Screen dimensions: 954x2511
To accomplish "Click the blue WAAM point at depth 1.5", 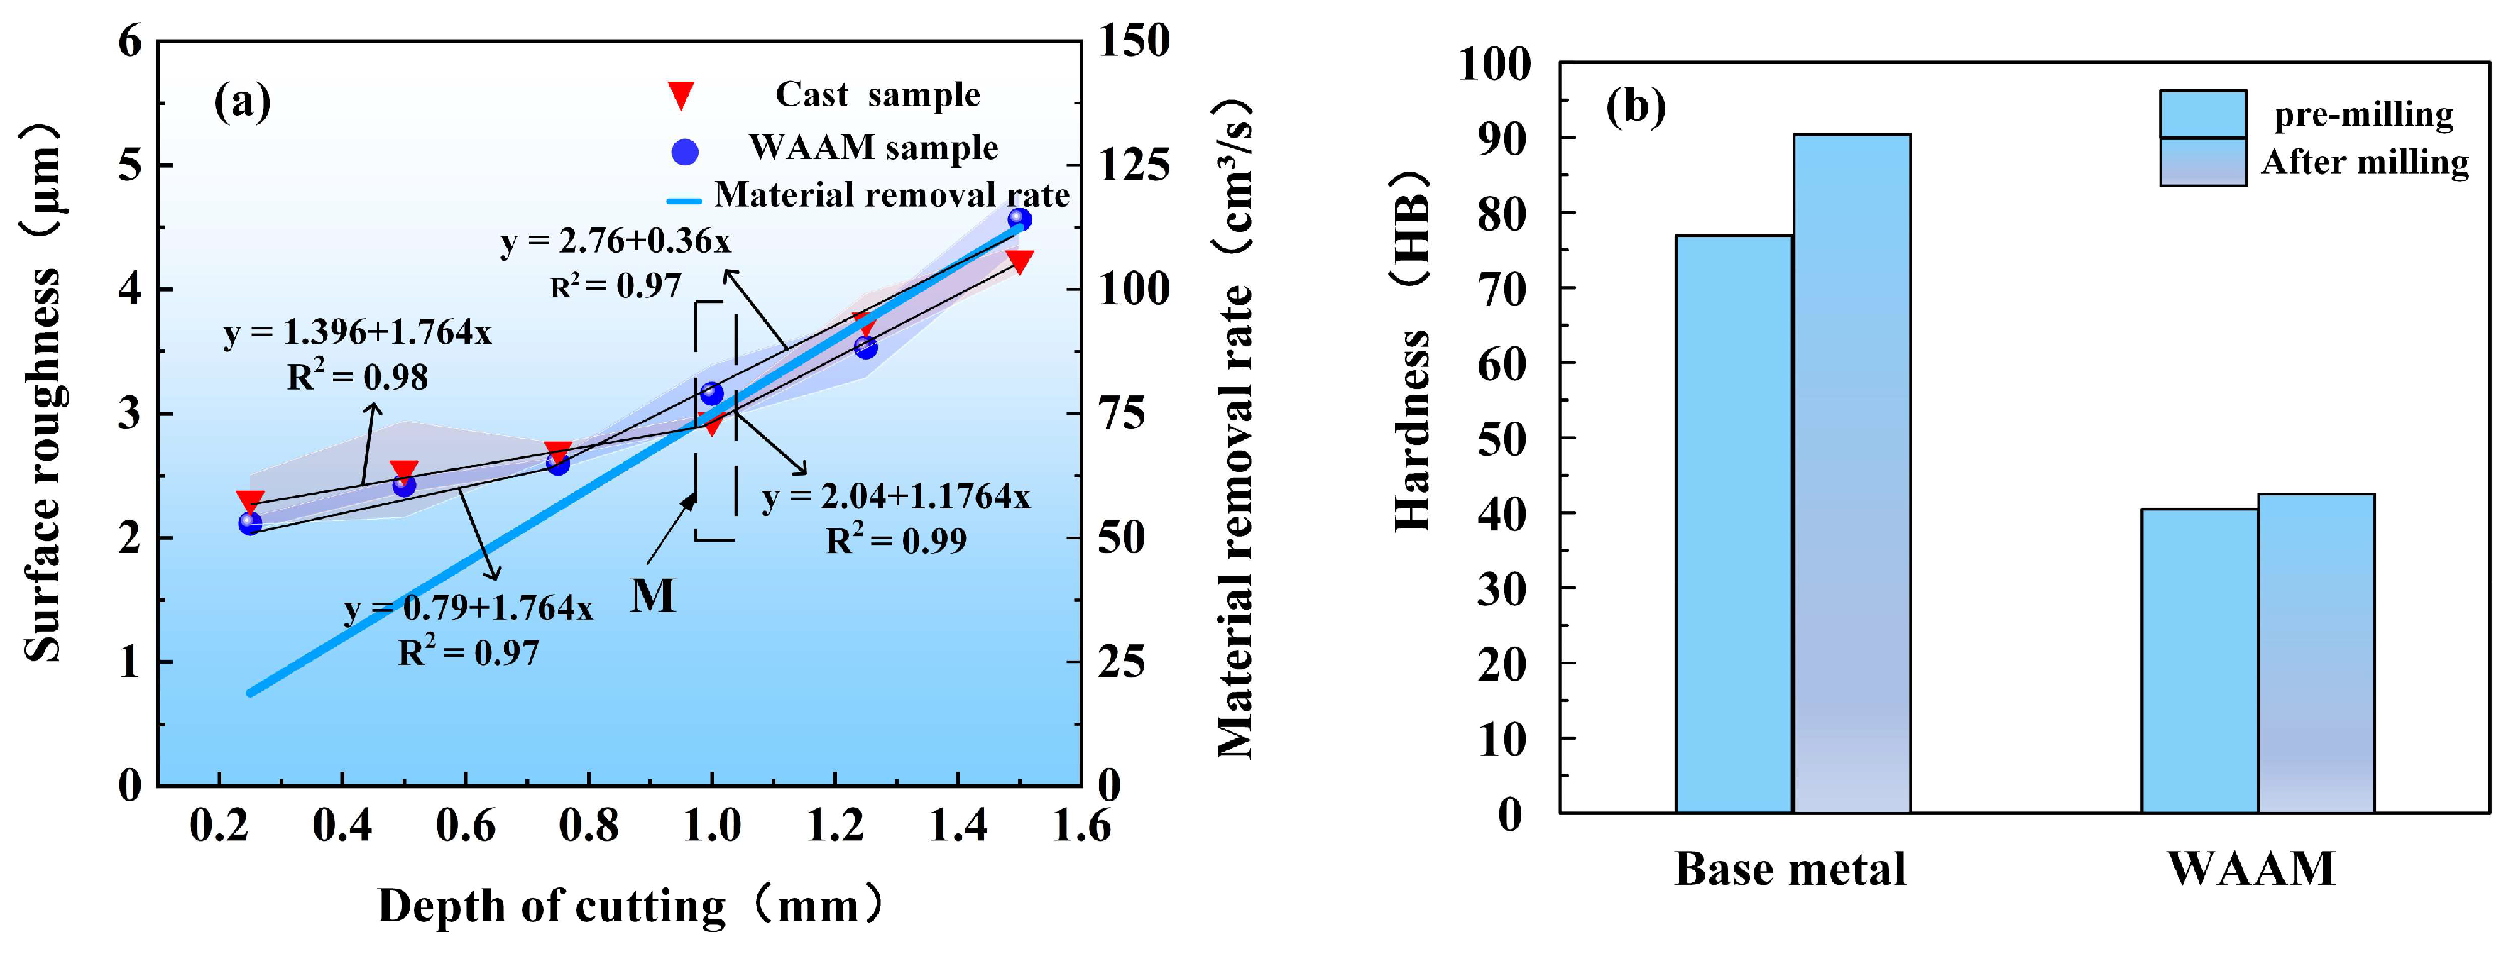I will pyautogui.click(x=1019, y=220).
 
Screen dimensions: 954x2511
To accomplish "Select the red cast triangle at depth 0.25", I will pyautogui.click(x=250, y=502).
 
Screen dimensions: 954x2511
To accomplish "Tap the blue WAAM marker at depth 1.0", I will pyautogui.click(x=711, y=393).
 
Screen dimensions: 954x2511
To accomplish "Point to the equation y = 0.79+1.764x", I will pyautogui.click(x=468, y=608).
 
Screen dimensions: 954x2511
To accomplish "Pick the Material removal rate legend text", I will pyautogui.click(x=891, y=195).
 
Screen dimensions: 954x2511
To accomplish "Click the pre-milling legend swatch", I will pyautogui.click(x=2202, y=114).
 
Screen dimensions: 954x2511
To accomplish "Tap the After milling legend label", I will pyautogui.click(x=2365, y=162).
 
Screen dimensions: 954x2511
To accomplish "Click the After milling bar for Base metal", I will pyautogui.click(x=1851, y=473).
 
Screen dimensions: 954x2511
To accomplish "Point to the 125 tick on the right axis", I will pyautogui.click(x=1134, y=165).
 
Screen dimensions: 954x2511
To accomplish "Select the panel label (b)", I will pyautogui.click(x=1636, y=105).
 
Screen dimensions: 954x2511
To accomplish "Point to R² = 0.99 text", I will pyautogui.click(x=896, y=540).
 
